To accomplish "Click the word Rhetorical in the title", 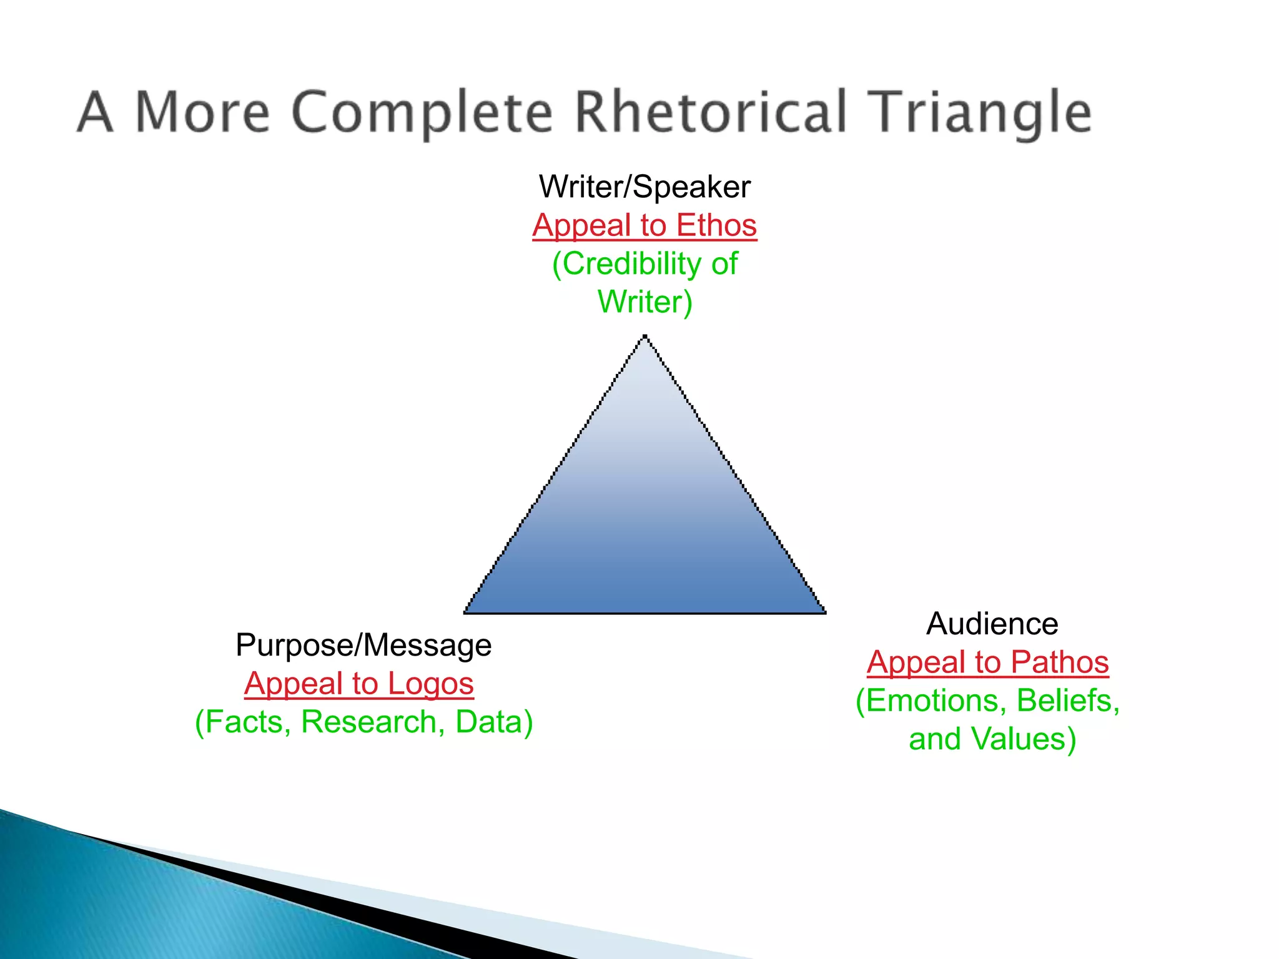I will coord(711,112).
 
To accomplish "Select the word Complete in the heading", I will coord(422,112).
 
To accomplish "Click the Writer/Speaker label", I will coord(644,187).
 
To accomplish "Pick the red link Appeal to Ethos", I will coord(644,225).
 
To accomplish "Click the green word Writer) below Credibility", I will coord(645,302).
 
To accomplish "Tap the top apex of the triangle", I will coord(644,337).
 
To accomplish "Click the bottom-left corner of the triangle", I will coord(466,612).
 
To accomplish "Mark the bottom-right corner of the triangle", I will coord(824,612).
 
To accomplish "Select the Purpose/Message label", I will coord(363,645).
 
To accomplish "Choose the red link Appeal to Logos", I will coord(359,684).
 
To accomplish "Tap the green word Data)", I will coord(494,722).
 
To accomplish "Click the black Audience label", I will coord(992,624).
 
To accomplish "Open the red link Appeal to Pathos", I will coord(987,662).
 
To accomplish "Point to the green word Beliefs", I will coord(1067,701).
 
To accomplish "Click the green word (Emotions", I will coord(931,701).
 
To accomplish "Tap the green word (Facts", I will coord(243,722).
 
